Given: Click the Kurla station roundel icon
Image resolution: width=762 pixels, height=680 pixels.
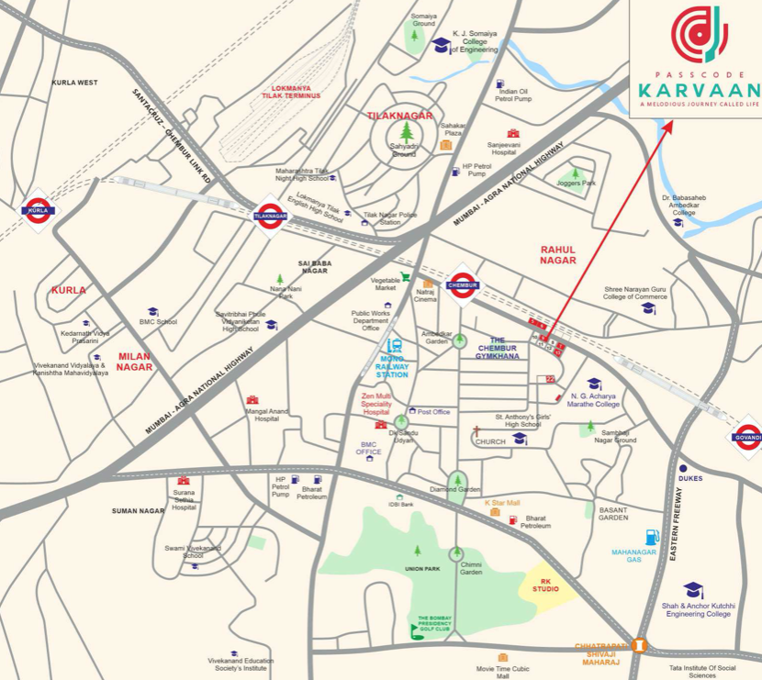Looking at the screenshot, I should pos(38,210).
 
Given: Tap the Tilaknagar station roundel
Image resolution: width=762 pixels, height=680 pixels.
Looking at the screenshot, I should pos(270,217).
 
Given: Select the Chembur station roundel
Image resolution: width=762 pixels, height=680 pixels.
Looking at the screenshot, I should pos(462,284).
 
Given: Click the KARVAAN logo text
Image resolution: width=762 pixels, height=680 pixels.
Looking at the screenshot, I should pos(698,90).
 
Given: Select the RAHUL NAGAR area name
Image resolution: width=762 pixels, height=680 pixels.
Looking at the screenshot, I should pos(558,255).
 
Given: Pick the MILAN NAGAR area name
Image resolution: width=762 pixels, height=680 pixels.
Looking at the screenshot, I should pos(134,362).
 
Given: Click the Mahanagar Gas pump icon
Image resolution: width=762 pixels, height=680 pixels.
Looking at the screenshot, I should pos(652,537).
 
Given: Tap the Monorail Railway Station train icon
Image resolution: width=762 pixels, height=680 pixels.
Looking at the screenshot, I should pos(395,346).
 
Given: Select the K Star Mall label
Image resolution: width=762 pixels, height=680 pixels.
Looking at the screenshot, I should pos(502,503).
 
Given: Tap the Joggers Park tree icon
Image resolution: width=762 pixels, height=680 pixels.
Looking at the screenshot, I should pos(576,172).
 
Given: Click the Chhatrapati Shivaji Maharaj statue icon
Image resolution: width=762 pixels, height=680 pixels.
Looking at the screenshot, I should pos(639,645).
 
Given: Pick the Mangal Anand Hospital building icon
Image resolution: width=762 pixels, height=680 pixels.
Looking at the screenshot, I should pos(252,400).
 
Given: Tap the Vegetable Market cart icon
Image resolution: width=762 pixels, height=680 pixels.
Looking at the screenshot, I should pos(405,276).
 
